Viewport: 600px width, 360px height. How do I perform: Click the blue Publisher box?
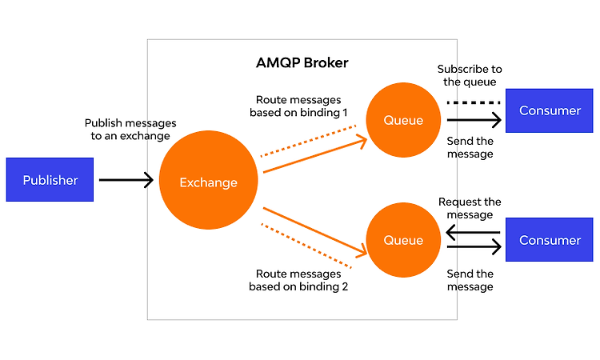[x=50, y=179]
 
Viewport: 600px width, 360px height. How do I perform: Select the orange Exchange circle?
[x=209, y=180]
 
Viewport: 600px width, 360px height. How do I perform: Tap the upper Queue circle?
[x=403, y=120]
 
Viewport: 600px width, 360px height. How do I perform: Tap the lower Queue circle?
[x=403, y=240]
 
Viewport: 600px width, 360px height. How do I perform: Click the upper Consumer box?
[x=550, y=110]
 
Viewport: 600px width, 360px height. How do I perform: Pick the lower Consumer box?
[x=550, y=240]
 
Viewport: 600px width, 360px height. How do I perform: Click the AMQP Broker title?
[x=302, y=62]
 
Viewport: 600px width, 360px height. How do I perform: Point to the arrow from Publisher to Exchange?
[x=126, y=180]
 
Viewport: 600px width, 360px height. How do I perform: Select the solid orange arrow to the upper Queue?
[x=315, y=154]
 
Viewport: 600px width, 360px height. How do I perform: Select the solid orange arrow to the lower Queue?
[x=315, y=232]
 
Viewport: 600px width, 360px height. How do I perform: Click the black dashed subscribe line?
[x=474, y=102]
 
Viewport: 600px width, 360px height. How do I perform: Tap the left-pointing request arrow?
[x=473, y=232]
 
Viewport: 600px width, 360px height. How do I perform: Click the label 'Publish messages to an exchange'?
[x=130, y=130]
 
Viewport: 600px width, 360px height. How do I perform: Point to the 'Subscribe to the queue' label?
[x=470, y=75]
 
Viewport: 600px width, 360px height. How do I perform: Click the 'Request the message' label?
[x=470, y=208]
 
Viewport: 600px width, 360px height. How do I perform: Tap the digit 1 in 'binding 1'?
[x=345, y=113]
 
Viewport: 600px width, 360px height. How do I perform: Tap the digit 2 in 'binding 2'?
[x=345, y=286]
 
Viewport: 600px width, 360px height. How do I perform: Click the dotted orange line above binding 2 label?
[x=306, y=246]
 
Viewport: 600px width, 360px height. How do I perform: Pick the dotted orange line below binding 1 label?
[x=309, y=141]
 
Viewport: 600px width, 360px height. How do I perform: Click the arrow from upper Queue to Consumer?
[x=474, y=120]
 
